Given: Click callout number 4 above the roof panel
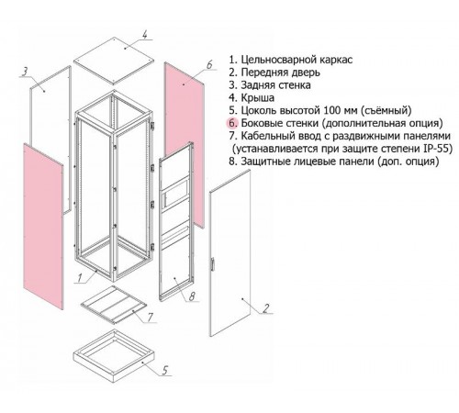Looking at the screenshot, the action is pyautogui.click(x=145, y=34).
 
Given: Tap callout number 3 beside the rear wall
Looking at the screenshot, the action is pyautogui.click(x=25, y=72).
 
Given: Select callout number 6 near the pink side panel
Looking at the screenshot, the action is pyautogui.click(x=209, y=65).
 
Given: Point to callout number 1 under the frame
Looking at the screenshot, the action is pyautogui.click(x=80, y=277).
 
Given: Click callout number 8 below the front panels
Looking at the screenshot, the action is pyautogui.click(x=192, y=296).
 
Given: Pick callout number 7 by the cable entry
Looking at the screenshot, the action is pyautogui.click(x=150, y=318).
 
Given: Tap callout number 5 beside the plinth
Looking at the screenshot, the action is pyautogui.click(x=165, y=371).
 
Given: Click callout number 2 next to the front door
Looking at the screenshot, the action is pyautogui.click(x=266, y=308).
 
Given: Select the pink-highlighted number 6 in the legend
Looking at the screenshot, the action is pyautogui.click(x=232, y=123).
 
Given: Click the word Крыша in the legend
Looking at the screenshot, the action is pyautogui.click(x=258, y=98).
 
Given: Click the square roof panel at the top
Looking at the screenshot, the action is pyautogui.click(x=114, y=61).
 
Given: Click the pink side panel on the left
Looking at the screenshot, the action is pyautogui.click(x=43, y=227).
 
